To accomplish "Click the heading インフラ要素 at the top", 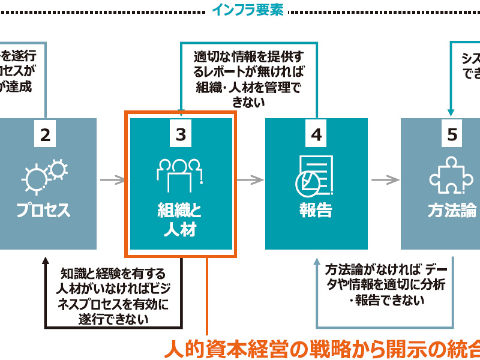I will click(x=248, y=10).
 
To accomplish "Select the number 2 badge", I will click(x=45, y=135).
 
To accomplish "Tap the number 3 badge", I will click(x=181, y=135).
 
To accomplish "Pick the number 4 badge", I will click(x=316, y=135).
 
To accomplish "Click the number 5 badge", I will click(x=452, y=135).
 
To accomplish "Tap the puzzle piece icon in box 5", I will click(x=451, y=175).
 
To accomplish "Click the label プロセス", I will click(x=43, y=211).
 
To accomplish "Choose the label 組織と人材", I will click(x=180, y=220).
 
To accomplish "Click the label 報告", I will click(x=316, y=211).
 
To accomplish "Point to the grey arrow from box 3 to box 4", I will click(x=250, y=179).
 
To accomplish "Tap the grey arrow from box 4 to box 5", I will click(x=385, y=179).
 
